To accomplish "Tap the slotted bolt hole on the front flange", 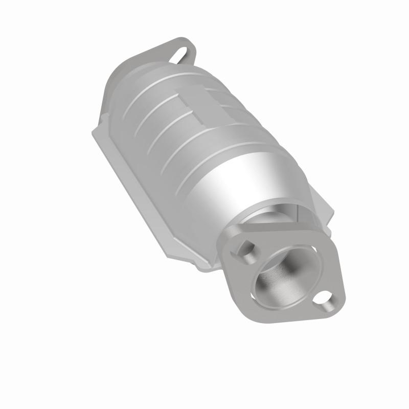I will point(245,248).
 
